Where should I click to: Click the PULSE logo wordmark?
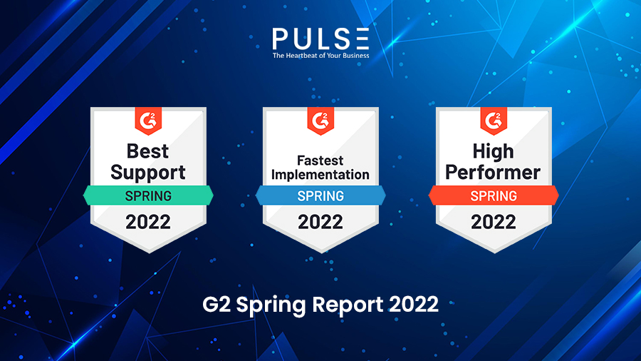click(x=320, y=37)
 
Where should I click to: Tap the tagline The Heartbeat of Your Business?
click(x=320, y=54)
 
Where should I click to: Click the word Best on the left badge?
click(x=148, y=151)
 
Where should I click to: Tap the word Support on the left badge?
click(x=148, y=172)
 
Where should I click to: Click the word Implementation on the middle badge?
click(x=320, y=174)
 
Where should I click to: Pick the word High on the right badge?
click(x=494, y=151)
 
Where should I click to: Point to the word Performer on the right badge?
click(x=494, y=172)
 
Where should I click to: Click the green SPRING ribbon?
click(x=148, y=195)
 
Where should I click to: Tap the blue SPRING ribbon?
click(x=320, y=195)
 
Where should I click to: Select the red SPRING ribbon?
click(x=494, y=195)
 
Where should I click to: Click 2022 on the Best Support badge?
click(x=148, y=222)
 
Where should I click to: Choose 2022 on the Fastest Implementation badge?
click(x=320, y=222)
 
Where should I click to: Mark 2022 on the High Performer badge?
click(x=494, y=222)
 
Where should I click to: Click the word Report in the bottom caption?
click(x=345, y=305)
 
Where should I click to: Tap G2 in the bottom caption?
click(x=216, y=305)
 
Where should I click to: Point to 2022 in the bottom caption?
click(x=414, y=305)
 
